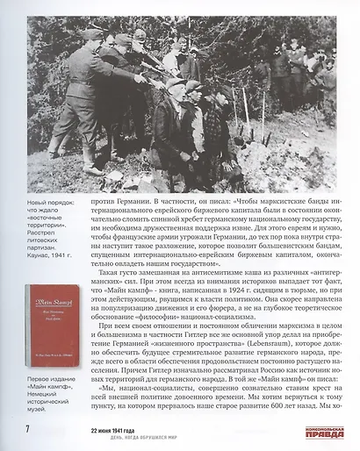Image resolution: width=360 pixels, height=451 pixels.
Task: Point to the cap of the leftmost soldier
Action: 92,34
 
